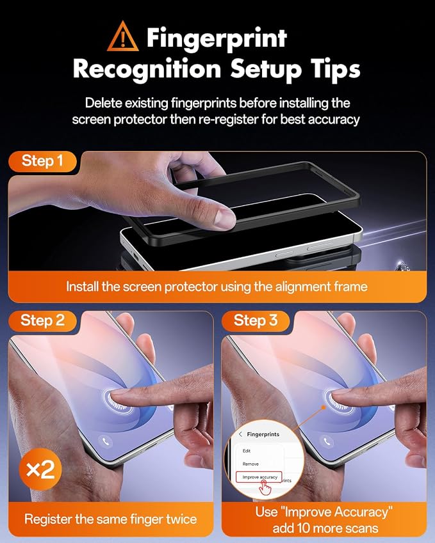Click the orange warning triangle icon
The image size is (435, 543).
click(x=123, y=36)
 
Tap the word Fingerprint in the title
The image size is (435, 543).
click(x=217, y=38)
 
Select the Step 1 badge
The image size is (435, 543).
click(x=42, y=161)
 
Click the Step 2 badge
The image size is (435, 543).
click(x=42, y=320)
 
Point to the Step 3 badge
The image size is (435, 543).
click(x=256, y=320)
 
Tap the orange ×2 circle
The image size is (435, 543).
click(x=40, y=469)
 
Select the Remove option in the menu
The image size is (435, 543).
click(x=250, y=464)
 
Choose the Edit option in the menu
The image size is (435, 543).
click(x=247, y=451)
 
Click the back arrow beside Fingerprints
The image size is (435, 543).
click(x=240, y=434)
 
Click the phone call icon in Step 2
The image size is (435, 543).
click(x=106, y=441)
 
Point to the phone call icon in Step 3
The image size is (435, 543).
click(x=326, y=441)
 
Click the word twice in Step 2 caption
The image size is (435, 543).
click(x=181, y=519)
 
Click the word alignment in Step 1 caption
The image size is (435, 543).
click(x=303, y=287)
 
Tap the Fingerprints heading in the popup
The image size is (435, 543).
click(x=263, y=434)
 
